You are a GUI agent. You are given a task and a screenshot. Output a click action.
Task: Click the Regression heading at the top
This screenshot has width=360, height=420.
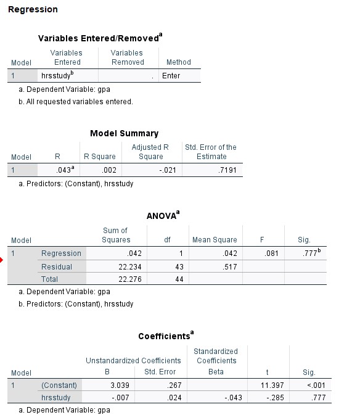(x=33, y=9)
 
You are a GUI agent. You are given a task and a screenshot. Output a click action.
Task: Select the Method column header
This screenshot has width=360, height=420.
(x=179, y=62)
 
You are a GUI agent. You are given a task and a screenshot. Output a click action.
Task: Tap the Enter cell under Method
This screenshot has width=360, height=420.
(x=171, y=76)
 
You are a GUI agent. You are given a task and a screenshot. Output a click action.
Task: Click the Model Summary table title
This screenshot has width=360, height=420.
(x=124, y=133)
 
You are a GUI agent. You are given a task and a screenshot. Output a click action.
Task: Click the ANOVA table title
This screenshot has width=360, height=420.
(x=163, y=216)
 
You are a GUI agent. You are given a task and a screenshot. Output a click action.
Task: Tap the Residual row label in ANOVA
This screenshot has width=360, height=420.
(x=57, y=267)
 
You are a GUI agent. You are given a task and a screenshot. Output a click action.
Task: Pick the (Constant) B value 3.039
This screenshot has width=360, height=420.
(x=118, y=385)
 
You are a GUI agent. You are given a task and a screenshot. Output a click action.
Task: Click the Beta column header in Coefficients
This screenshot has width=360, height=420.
(x=216, y=372)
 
